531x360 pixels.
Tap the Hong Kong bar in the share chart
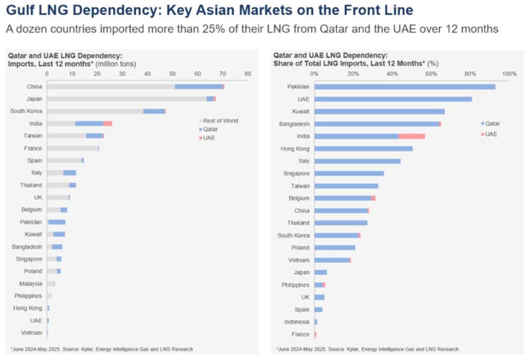click(364, 148)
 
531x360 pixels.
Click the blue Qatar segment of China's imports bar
click(198, 87)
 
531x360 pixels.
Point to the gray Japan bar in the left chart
click(126, 99)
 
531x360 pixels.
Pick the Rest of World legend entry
click(219, 120)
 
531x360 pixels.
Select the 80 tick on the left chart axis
click(247, 75)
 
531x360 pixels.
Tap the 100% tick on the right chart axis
click(509, 74)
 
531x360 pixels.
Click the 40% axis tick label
click(393, 74)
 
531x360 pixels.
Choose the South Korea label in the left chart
click(26, 111)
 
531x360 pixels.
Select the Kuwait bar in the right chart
click(379, 111)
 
